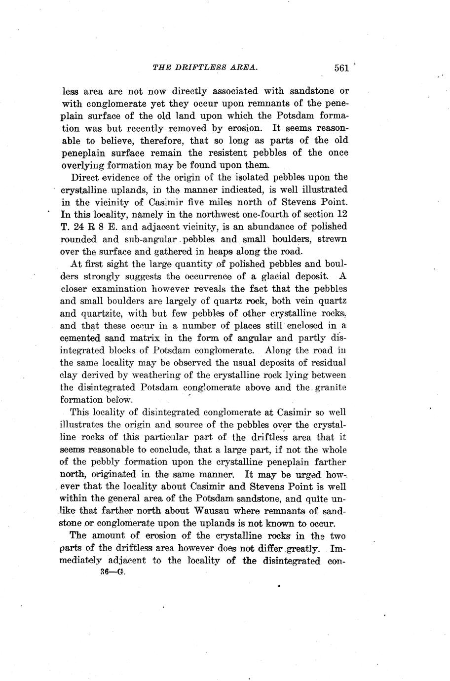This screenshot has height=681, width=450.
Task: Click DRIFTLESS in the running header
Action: click(198, 68)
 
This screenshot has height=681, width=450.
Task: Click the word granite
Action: click(329, 387)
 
